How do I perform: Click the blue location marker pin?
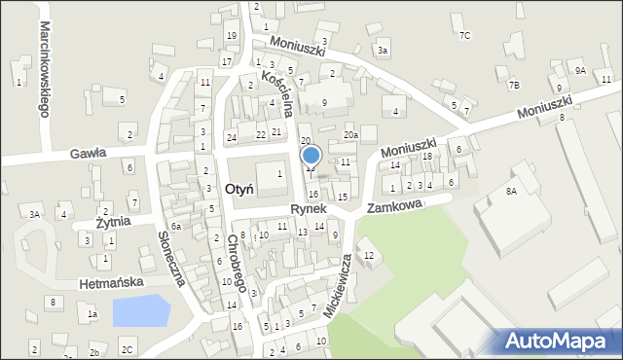coord(311,156)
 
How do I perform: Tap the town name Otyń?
coord(238,189)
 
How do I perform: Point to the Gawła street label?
coord(88,153)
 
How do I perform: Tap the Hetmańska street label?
coord(112,282)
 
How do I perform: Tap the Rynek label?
coord(309,209)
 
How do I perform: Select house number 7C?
coord(464,36)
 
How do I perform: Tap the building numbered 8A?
coord(510,192)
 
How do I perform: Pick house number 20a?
coord(350,135)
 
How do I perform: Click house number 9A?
coord(580,71)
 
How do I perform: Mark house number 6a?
coord(176,227)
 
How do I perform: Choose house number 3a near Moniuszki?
coord(383,50)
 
